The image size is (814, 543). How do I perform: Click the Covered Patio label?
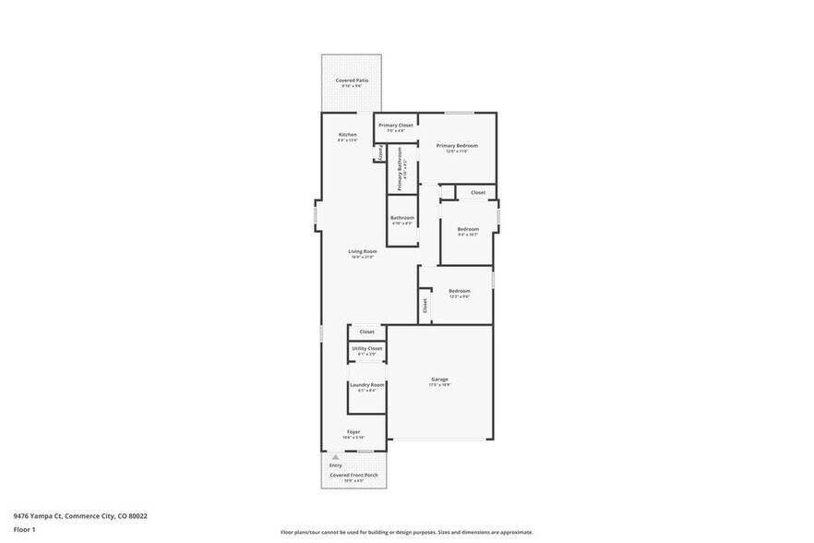tap(352, 81)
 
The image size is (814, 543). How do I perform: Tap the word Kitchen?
tap(347, 135)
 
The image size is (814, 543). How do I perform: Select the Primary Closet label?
tap(395, 125)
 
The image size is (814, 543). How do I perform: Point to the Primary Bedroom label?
tap(457, 145)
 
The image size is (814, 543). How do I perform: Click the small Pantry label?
tap(379, 153)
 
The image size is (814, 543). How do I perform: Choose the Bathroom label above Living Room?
tap(402, 218)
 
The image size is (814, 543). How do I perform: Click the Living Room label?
tap(362, 251)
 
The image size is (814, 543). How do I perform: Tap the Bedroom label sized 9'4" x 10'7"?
tap(468, 229)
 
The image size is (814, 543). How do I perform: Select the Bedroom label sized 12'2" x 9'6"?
tap(459, 291)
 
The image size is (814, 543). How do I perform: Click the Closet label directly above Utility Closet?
tap(366, 332)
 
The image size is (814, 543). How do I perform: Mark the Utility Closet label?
tap(366, 348)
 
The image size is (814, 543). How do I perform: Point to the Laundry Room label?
tap(366, 384)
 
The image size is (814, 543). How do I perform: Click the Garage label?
tap(439, 379)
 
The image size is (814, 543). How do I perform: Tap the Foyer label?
tap(353, 431)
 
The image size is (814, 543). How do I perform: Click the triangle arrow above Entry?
tap(336, 456)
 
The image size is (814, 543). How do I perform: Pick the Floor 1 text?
tap(24, 529)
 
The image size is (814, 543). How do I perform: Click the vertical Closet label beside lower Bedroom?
tap(425, 305)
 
